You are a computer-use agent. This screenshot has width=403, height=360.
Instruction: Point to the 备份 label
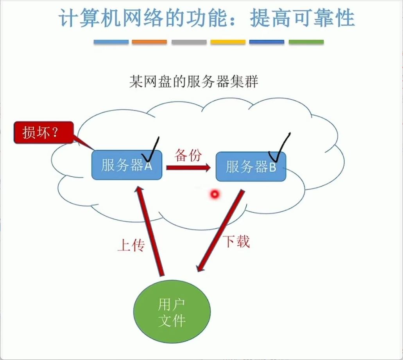pyautogui.click(x=188, y=155)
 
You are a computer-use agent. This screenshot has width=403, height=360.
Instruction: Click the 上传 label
pyautogui.click(x=131, y=245)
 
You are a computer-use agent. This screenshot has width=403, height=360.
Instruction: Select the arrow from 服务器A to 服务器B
pyautogui.click(x=188, y=168)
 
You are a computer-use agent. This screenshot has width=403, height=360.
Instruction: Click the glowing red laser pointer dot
pyautogui.click(x=214, y=194)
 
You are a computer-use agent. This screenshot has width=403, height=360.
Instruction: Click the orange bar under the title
pyautogui.click(x=149, y=42)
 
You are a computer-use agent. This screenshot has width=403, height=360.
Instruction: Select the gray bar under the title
pyautogui.click(x=189, y=42)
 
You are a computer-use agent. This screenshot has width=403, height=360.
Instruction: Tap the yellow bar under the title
pyautogui.click(x=228, y=42)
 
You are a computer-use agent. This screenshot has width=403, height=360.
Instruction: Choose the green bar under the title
pyautogui.click(x=306, y=42)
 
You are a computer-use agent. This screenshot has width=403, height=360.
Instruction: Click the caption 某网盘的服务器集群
pyautogui.click(x=193, y=82)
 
